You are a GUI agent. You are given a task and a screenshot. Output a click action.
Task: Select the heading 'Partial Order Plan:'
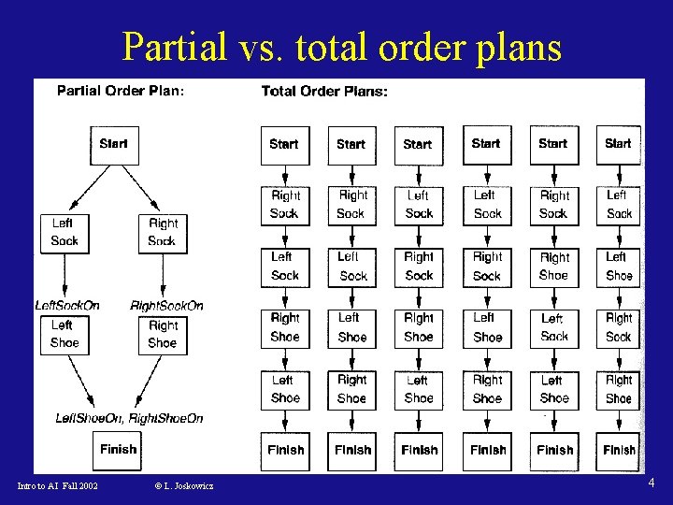click(121, 91)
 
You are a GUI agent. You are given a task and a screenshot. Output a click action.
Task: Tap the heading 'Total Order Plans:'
click(324, 92)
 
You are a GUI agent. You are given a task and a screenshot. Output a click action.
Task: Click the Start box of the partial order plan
click(114, 145)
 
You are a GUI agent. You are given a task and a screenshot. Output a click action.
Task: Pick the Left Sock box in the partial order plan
click(64, 232)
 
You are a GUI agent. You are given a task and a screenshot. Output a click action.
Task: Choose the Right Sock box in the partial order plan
click(163, 232)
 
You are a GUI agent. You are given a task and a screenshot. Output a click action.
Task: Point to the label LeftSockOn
click(67, 306)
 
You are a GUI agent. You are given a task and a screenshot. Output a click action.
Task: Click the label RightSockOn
click(166, 306)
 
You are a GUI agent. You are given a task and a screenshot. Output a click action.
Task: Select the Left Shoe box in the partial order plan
click(64, 334)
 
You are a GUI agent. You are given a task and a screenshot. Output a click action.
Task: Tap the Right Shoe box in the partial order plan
click(163, 334)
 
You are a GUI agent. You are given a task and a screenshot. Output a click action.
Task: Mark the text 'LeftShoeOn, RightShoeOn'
click(129, 418)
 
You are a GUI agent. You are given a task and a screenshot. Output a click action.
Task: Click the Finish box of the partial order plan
click(118, 450)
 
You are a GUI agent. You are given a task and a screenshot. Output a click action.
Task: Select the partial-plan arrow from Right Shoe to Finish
click(150, 385)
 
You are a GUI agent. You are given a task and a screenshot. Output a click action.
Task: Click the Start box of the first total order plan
click(284, 145)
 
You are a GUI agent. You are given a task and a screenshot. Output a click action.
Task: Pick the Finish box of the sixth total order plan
click(619, 450)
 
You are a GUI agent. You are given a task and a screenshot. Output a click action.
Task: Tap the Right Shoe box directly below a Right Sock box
click(554, 267)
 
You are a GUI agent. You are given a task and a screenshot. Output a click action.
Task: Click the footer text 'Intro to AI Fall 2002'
click(58, 485)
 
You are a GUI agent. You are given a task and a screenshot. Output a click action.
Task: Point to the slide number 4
click(652, 483)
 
